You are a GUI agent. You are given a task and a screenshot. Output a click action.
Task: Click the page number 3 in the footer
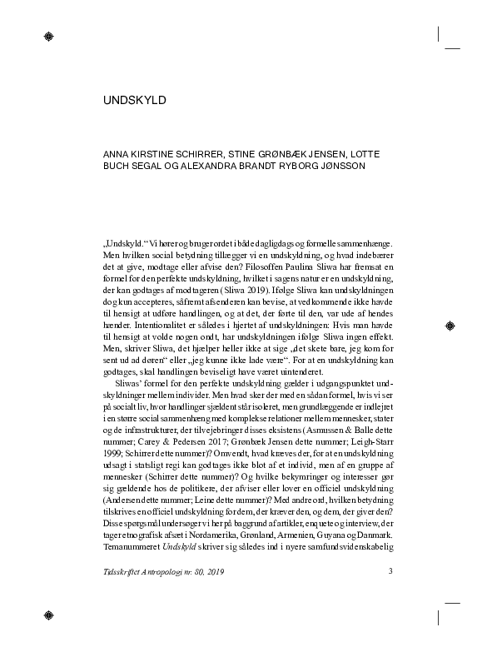(x=390, y=571)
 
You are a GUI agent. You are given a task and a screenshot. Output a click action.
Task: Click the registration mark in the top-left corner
(x=49, y=37)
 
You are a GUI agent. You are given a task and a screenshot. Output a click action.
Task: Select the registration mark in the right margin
(x=450, y=326)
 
